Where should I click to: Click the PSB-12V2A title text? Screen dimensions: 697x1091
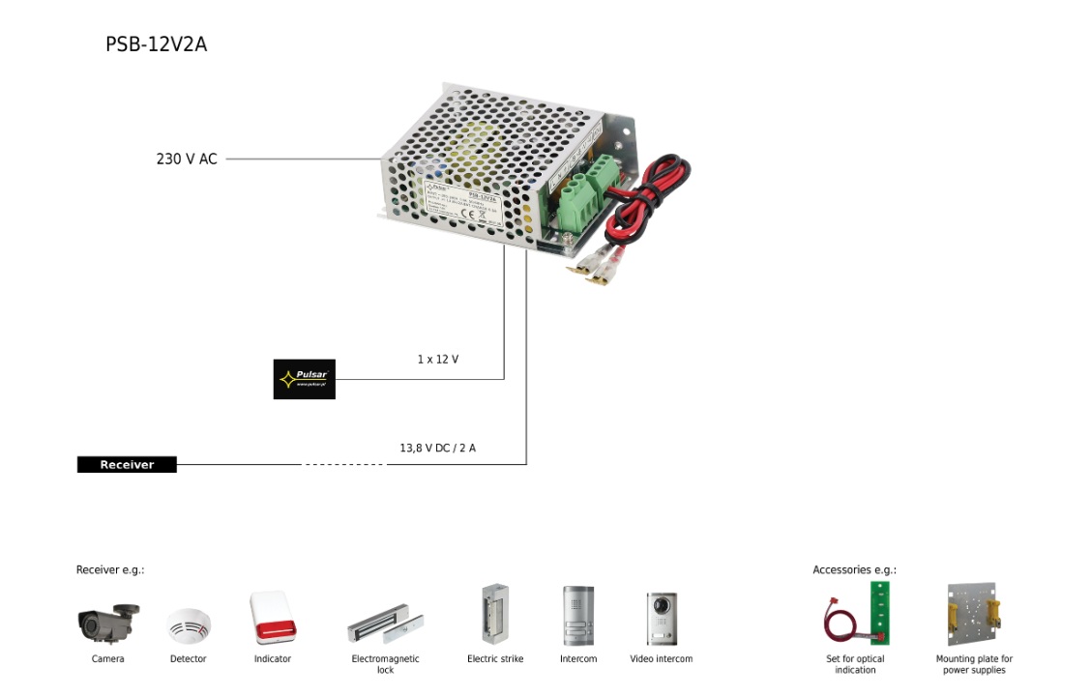point(156,44)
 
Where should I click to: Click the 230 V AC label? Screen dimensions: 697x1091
point(187,159)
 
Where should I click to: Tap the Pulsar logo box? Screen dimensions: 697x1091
point(304,379)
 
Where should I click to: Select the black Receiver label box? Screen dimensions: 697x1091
point(127,465)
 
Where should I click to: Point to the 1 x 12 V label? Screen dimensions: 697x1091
point(438,360)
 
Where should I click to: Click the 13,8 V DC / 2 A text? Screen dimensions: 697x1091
point(438,449)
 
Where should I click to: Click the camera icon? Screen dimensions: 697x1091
point(107,624)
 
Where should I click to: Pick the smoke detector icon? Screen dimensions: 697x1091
point(188,625)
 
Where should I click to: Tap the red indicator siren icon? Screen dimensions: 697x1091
point(272,618)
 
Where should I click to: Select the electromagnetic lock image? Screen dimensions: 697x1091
point(385,626)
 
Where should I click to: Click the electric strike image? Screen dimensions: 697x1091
point(495,615)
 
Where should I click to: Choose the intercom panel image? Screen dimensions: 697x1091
point(578,616)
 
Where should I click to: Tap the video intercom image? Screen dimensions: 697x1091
point(662,619)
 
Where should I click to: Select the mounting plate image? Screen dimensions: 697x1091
point(974,614)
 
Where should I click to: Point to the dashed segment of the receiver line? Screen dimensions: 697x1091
point(344,465)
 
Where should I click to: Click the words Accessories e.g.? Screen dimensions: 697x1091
point(854,570)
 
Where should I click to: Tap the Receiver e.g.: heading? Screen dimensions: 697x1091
point(110,570)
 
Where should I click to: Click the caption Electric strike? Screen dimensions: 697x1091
point(495,659)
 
